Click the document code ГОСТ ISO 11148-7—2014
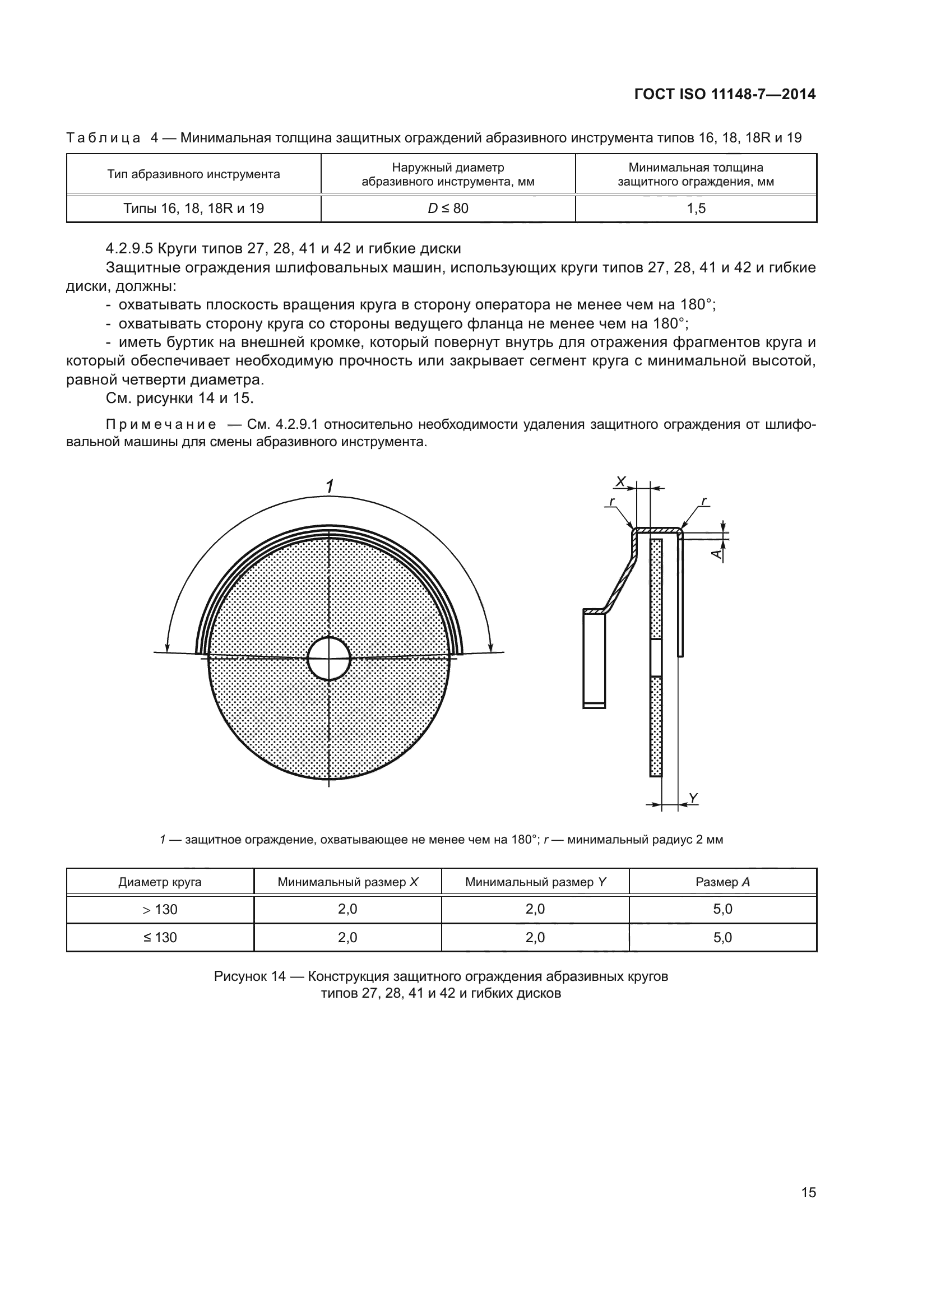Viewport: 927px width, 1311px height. pos(724,94)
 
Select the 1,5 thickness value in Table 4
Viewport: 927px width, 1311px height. pos(696,209)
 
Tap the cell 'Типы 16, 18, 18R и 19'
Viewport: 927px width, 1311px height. pos(193,209)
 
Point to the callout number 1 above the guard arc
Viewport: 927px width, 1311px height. pos(330,487)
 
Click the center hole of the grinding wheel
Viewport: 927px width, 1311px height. pos(329,659)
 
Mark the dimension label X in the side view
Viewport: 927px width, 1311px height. pos(620,482)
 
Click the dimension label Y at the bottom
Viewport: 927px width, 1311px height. pos(693,798)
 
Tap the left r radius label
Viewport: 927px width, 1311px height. pos(612,501)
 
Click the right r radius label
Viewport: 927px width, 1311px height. pos(704,501)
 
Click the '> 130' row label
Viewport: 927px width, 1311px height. pos(160,910)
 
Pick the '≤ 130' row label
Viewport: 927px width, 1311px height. pos(160,938)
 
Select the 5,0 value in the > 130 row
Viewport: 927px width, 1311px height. pos(722,909)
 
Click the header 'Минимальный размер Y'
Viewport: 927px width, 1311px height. pos(535,882)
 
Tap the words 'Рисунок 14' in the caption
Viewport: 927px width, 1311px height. pos(249,976)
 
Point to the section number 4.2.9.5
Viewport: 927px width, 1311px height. pos(129,249)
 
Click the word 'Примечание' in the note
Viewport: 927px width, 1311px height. pos(161,424)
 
